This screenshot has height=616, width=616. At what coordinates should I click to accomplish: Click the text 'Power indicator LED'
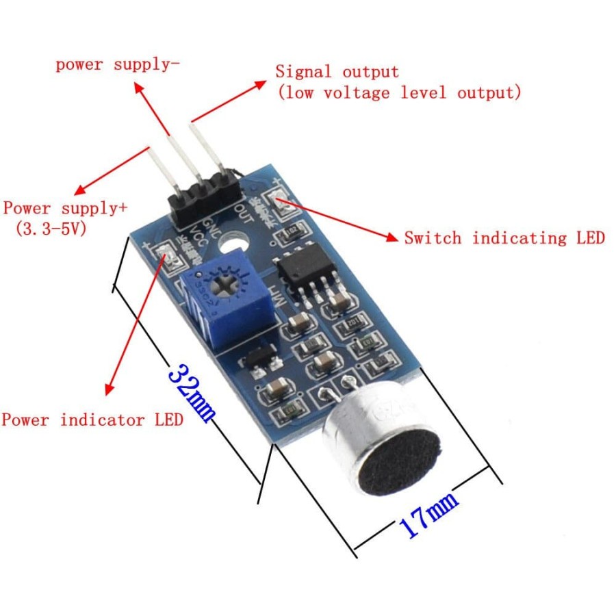92,419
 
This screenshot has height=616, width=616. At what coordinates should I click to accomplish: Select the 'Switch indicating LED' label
504,238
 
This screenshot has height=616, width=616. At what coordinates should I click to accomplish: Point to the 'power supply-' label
118,65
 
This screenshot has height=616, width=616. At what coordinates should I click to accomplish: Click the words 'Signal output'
337,71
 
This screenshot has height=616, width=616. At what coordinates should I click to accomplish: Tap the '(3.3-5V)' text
51,229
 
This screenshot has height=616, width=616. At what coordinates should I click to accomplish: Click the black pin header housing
202,198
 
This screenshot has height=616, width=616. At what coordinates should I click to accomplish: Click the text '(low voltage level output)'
399,92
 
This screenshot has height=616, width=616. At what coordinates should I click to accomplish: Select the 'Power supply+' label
66,208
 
